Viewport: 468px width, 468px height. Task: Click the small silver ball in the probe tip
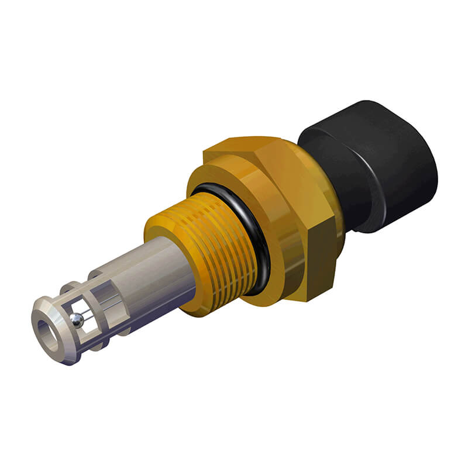tap(77, 319)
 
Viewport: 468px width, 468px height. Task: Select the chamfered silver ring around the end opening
tap(42, 310)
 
